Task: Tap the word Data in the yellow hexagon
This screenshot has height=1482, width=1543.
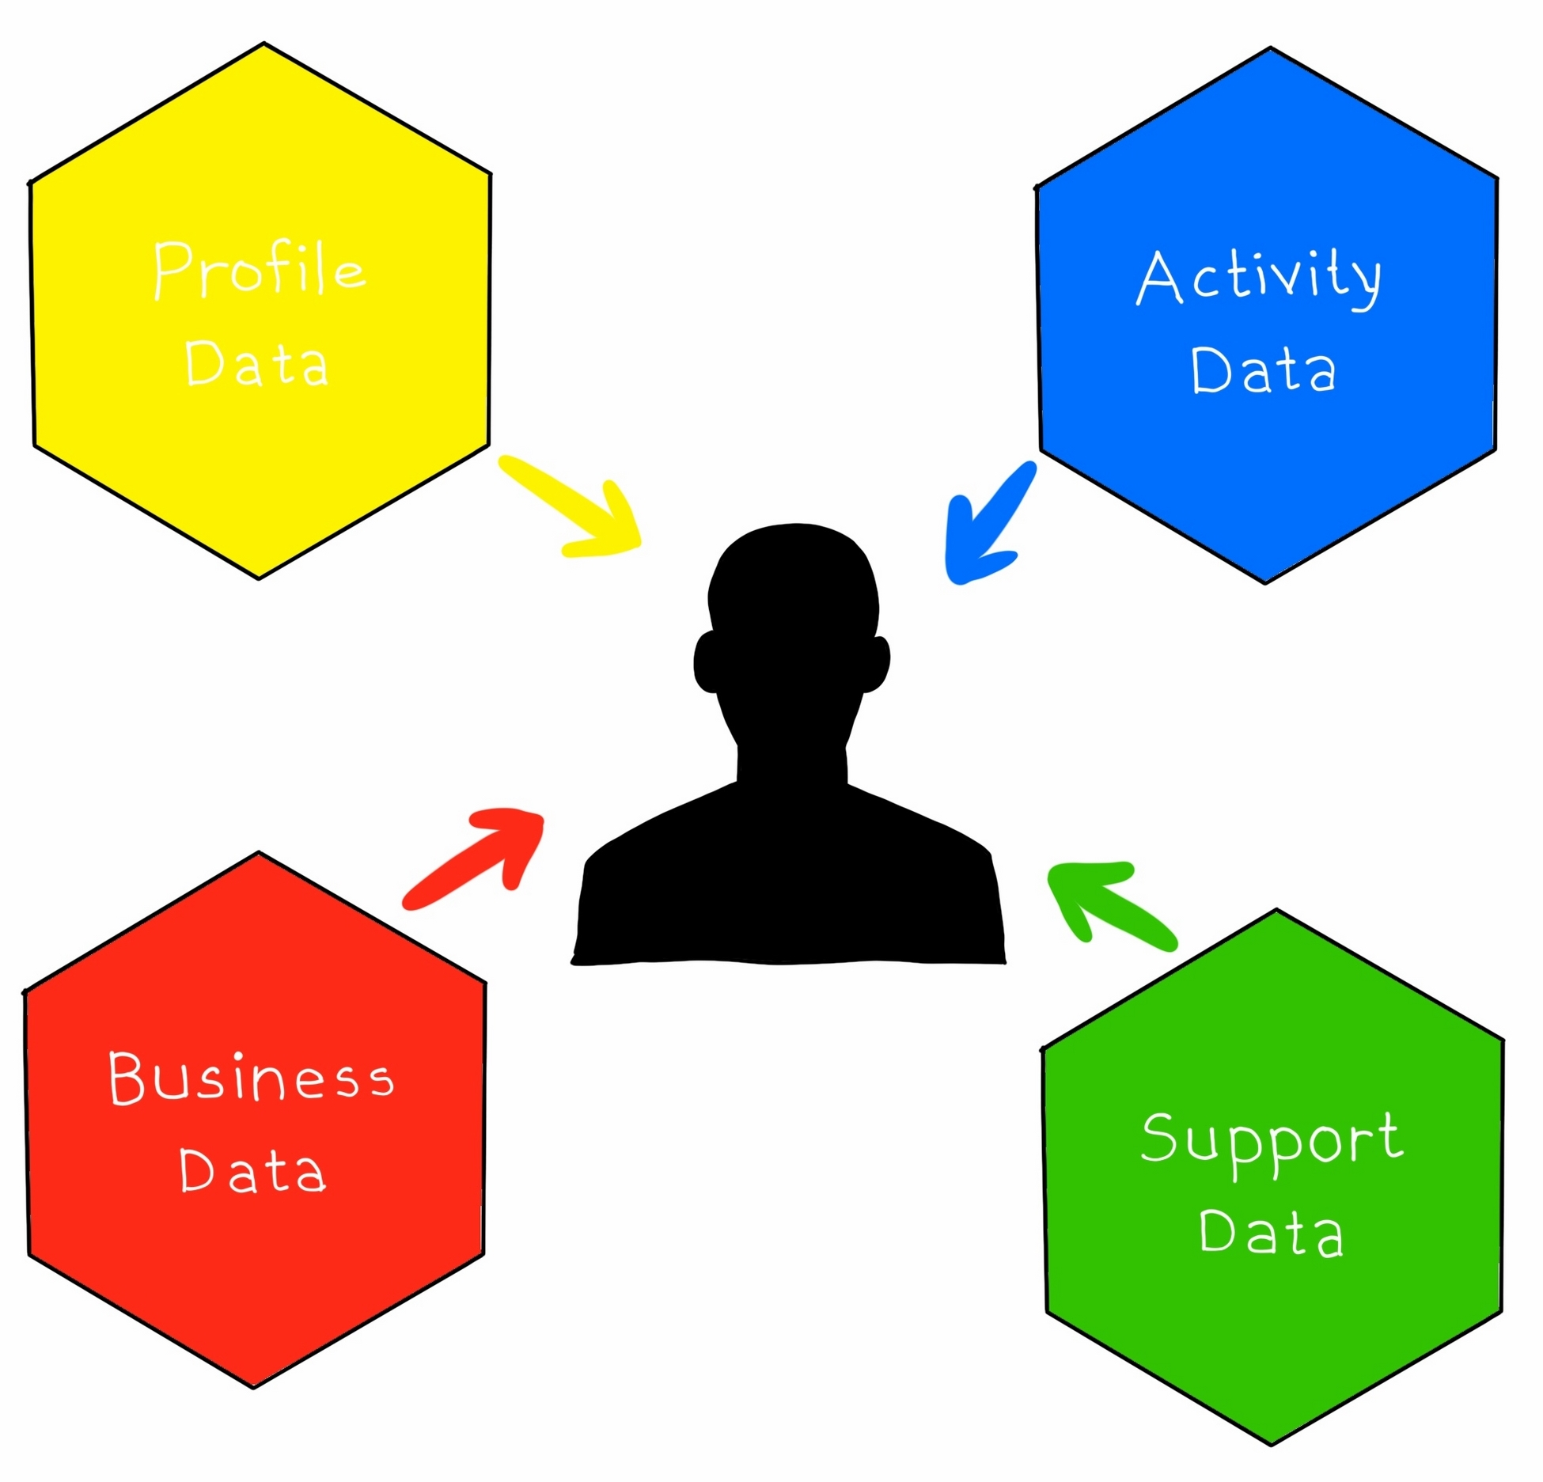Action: [256, 364]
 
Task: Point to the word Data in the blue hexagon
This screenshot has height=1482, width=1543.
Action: [1264, 370]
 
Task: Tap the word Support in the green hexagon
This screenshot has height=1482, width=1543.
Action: [1272, 1140]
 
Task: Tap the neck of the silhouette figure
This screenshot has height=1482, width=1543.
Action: [792, 752]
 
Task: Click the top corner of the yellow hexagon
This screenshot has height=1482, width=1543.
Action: [263, 44]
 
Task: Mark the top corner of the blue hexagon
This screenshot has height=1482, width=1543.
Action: [1270, 49]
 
